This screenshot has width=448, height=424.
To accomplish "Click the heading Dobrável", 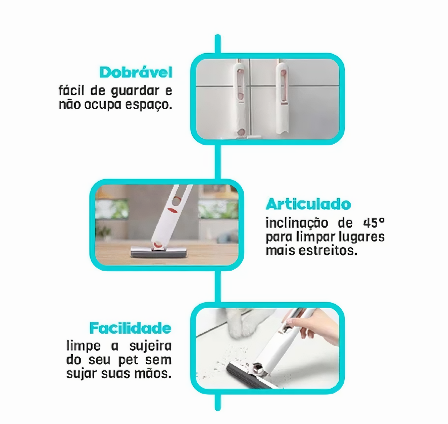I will [136, 72].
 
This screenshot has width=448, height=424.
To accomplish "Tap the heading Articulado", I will [308, 204].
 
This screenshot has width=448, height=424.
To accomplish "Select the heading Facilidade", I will [130, 328].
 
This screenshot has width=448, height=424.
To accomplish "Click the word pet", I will [128, 360].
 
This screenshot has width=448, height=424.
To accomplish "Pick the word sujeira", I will [150, 346].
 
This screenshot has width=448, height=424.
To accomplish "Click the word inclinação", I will [297, 223].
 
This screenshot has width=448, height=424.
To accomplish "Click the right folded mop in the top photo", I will [282, 99].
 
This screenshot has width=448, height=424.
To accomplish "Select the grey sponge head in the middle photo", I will [159, 252].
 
